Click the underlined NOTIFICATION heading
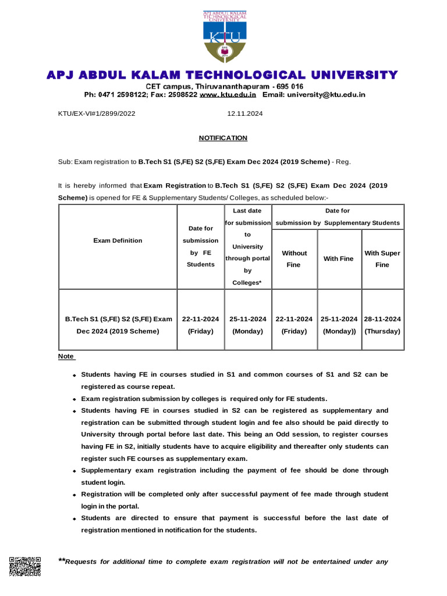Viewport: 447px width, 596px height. pos(223,138)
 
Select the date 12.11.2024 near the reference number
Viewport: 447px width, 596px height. pos(245,114)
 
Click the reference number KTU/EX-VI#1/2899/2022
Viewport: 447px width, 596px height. pos(96,114)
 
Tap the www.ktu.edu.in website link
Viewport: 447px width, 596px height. pos(228,94)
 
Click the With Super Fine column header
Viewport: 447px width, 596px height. pos(382,258)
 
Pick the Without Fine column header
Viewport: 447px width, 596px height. pos(294,258)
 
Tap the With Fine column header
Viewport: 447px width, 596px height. pos(338,258)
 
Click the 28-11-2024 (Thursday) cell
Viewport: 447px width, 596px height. pos(382,325)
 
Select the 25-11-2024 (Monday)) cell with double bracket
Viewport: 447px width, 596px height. pos(339,325)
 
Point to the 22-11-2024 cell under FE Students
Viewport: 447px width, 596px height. pos(200,325)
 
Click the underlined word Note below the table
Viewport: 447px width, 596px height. pos(66,356)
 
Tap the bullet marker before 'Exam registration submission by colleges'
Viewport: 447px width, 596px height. pos(74,400)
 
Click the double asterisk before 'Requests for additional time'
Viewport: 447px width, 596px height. pos(62,560)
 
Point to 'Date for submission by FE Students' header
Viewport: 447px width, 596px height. pos(200,246)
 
